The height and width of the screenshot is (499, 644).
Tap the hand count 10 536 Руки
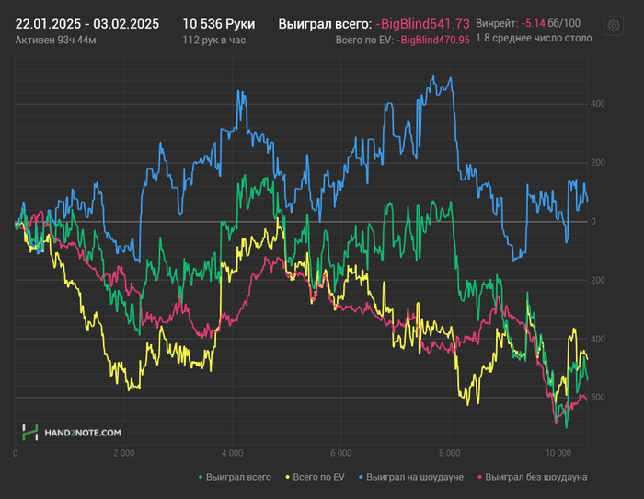pos(219,24)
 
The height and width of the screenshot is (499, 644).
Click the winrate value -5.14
pos(533,23)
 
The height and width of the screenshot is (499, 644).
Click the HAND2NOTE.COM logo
pos(73,432)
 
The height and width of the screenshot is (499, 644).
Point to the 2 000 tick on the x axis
pos(123,454)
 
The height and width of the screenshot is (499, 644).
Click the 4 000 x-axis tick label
pos(232,454)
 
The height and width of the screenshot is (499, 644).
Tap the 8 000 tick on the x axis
pos(449,454)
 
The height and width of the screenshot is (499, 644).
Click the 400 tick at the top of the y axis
pos(598,104)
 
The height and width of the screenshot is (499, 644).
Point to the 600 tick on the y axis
pos(598,398)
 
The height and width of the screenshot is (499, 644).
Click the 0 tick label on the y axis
pos(593,222)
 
